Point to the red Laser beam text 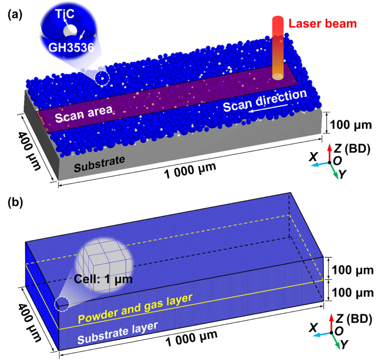322,23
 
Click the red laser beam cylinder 278,46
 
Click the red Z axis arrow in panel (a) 329,152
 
